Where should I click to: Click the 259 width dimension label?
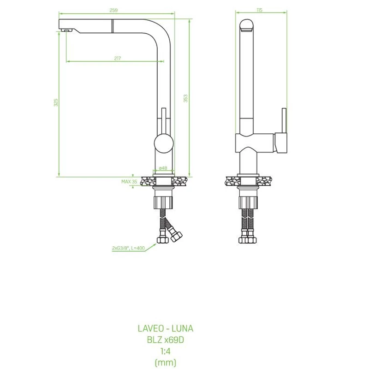click(x=113, y=10)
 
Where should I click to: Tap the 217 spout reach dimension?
click(x=118, y=58)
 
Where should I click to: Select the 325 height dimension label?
click(x=56, y=102)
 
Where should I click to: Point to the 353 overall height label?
click(x=185, y=98)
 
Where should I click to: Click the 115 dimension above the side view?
click(x=259, y=10)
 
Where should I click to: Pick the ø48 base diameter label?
click(x=163, y=168)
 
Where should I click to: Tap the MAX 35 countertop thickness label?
click(x=129, y=181)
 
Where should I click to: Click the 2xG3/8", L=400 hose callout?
click(x=129, y=248)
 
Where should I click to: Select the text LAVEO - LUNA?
click(x=166, y=328)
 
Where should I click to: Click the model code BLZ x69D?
click(x=166, y=339)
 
